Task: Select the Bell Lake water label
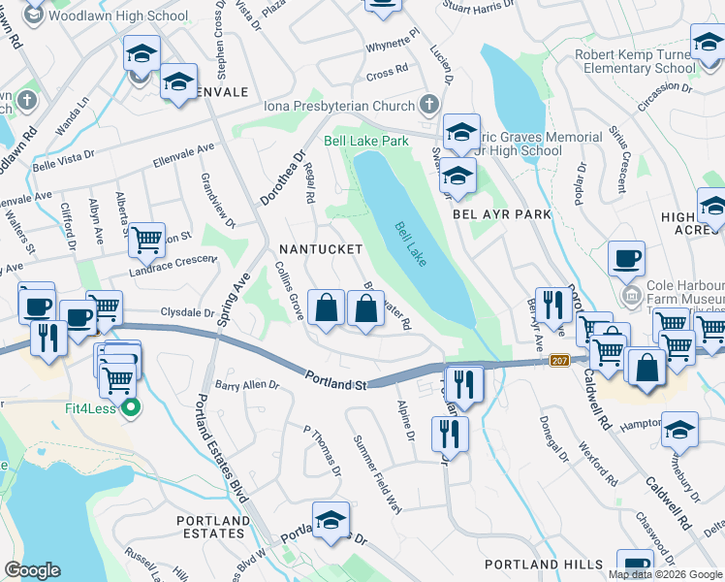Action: coord(411,243)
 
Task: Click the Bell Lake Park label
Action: coord(366,142)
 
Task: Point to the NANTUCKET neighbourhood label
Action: coord(320,249)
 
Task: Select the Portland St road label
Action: coord(335,380)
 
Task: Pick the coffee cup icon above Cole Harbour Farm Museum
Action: coord(626,258)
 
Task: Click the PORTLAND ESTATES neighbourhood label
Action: coord(211,527)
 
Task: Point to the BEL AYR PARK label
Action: coord(502,213)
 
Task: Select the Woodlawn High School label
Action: coord(117,16)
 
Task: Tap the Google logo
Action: coord(32,570)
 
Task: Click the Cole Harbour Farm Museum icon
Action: coord(632,293)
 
